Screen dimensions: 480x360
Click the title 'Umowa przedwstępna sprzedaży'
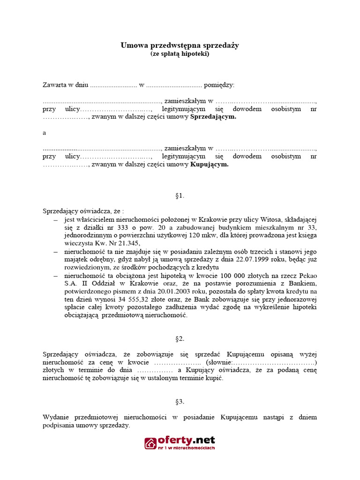180,45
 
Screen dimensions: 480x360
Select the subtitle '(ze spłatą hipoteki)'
180,54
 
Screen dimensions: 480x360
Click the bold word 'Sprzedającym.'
213,117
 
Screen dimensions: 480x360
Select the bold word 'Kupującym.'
209,165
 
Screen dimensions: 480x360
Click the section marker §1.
180,195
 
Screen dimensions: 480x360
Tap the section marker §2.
180,338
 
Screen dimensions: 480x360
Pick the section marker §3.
180,402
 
